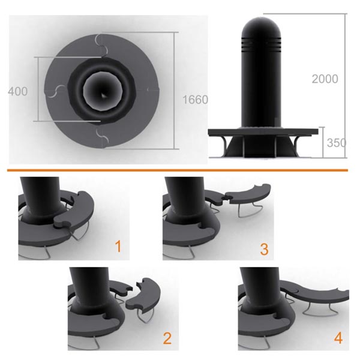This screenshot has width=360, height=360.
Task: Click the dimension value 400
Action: coord(17,91)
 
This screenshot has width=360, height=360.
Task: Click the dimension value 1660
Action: coord(195,100)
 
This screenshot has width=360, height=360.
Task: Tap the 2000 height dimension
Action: coord(325,79)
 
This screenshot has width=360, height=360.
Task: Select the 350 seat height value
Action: coord(336,143)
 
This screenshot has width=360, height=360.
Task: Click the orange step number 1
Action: coord(118,247)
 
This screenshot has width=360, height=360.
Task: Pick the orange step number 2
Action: coord(167,338)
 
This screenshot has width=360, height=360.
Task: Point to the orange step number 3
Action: coord(264,249)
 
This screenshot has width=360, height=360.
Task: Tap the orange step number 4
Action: coord(338,338)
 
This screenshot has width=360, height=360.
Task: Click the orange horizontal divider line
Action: coord(178,170)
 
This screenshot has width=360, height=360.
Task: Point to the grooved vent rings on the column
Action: coord(261,44)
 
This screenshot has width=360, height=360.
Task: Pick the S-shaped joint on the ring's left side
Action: coord(55,91)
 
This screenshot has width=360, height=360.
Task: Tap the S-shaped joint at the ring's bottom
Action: coord(102,136)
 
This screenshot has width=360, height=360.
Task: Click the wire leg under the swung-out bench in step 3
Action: coord(248,210)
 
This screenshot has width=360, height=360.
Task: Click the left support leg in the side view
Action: coord(224,145)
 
